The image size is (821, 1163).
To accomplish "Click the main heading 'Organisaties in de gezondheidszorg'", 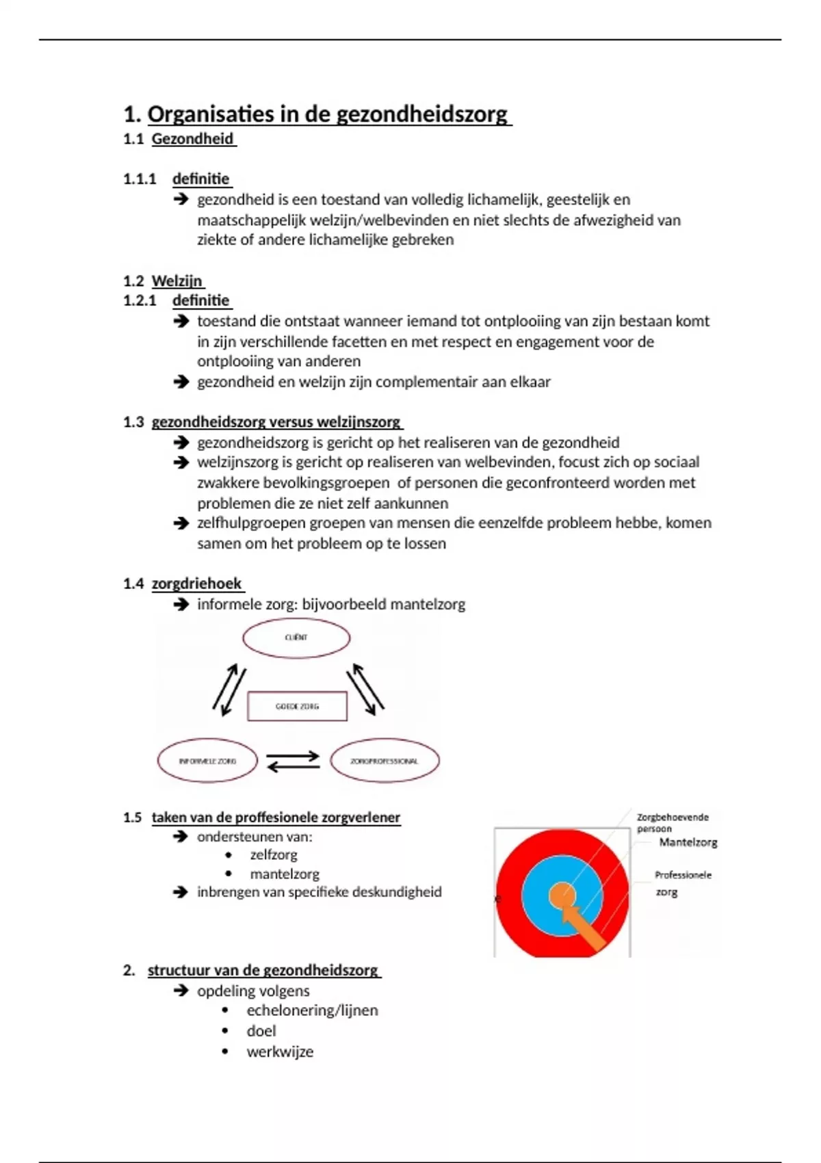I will (x=328, y=114).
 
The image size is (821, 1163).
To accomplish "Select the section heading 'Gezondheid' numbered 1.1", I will (x=193, y=139).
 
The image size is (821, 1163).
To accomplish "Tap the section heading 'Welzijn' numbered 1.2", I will (x=177, y=280).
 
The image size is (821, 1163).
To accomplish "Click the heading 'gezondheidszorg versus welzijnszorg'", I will (x=276, y=421).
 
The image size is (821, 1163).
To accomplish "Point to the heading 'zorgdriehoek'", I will (x=197, y=584).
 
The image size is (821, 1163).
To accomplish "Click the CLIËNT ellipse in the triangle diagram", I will (x=296, y=638).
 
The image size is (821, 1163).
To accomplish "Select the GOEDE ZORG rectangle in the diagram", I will (x=297, y=707).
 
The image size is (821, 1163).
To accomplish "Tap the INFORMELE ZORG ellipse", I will (x=207, y=761).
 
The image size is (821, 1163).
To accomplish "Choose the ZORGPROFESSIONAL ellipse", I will (x=385, y=761).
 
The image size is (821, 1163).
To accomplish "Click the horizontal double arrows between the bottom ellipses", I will (x=293, y=761).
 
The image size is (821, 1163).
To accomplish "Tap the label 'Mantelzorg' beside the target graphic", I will (x=688, y=842).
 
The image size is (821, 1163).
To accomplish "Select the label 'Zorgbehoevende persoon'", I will (x=672, y=822).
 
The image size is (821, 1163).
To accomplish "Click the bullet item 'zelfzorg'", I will (x=274, y=854).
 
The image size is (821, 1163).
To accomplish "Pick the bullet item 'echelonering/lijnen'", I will (x=312, y=1010).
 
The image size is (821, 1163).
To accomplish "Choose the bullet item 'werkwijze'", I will (x=280, y=1051).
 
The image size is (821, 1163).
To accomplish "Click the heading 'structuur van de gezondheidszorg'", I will (x=263, y=970).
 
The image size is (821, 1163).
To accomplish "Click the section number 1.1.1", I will (x=140, y=179).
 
